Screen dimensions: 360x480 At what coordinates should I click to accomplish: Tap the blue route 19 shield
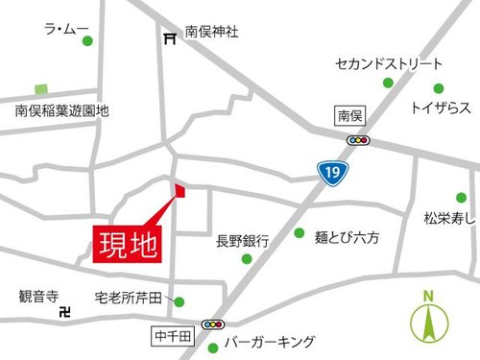(330, 172)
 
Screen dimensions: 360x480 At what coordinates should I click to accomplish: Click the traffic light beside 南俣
(360, 139)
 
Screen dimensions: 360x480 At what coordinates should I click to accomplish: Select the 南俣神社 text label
(211, 33)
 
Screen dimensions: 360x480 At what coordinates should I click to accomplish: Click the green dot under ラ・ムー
(87, 41)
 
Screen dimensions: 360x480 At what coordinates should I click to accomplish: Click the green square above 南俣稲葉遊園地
(41, 88)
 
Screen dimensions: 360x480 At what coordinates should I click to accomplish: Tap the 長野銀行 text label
(241, 241)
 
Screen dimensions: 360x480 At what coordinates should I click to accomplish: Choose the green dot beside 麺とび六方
(299, 233)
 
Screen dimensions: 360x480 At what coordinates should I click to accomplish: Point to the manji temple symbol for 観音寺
(65, 312)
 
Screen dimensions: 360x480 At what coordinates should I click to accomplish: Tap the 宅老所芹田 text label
(132, 298)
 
